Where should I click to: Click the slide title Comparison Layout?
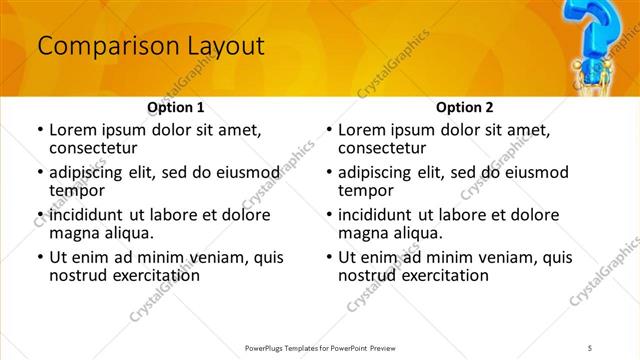pyautogui.click(x=150, y=46)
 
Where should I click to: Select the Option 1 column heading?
pyautogui.click(x=175, y=107)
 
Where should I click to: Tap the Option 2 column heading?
pyautogui.click(x=464, y=107)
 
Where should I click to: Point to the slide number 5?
pyautogui.click(x=589, y=347)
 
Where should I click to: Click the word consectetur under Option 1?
pyautogui.click(x=97, y=148)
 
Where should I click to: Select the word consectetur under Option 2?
pyautogui.click(x=386, y=148)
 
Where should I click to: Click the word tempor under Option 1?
pyautogui.click(x=77, y=190)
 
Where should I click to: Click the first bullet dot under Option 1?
pyautogui.click(x=39, y=130)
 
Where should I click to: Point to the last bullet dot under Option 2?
pyautogui.click(x=328, y=258)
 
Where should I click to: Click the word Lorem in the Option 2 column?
pyautogui.click(x=362, y=129)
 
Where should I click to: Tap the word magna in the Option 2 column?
pyautogui.click(x=363, y=233)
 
